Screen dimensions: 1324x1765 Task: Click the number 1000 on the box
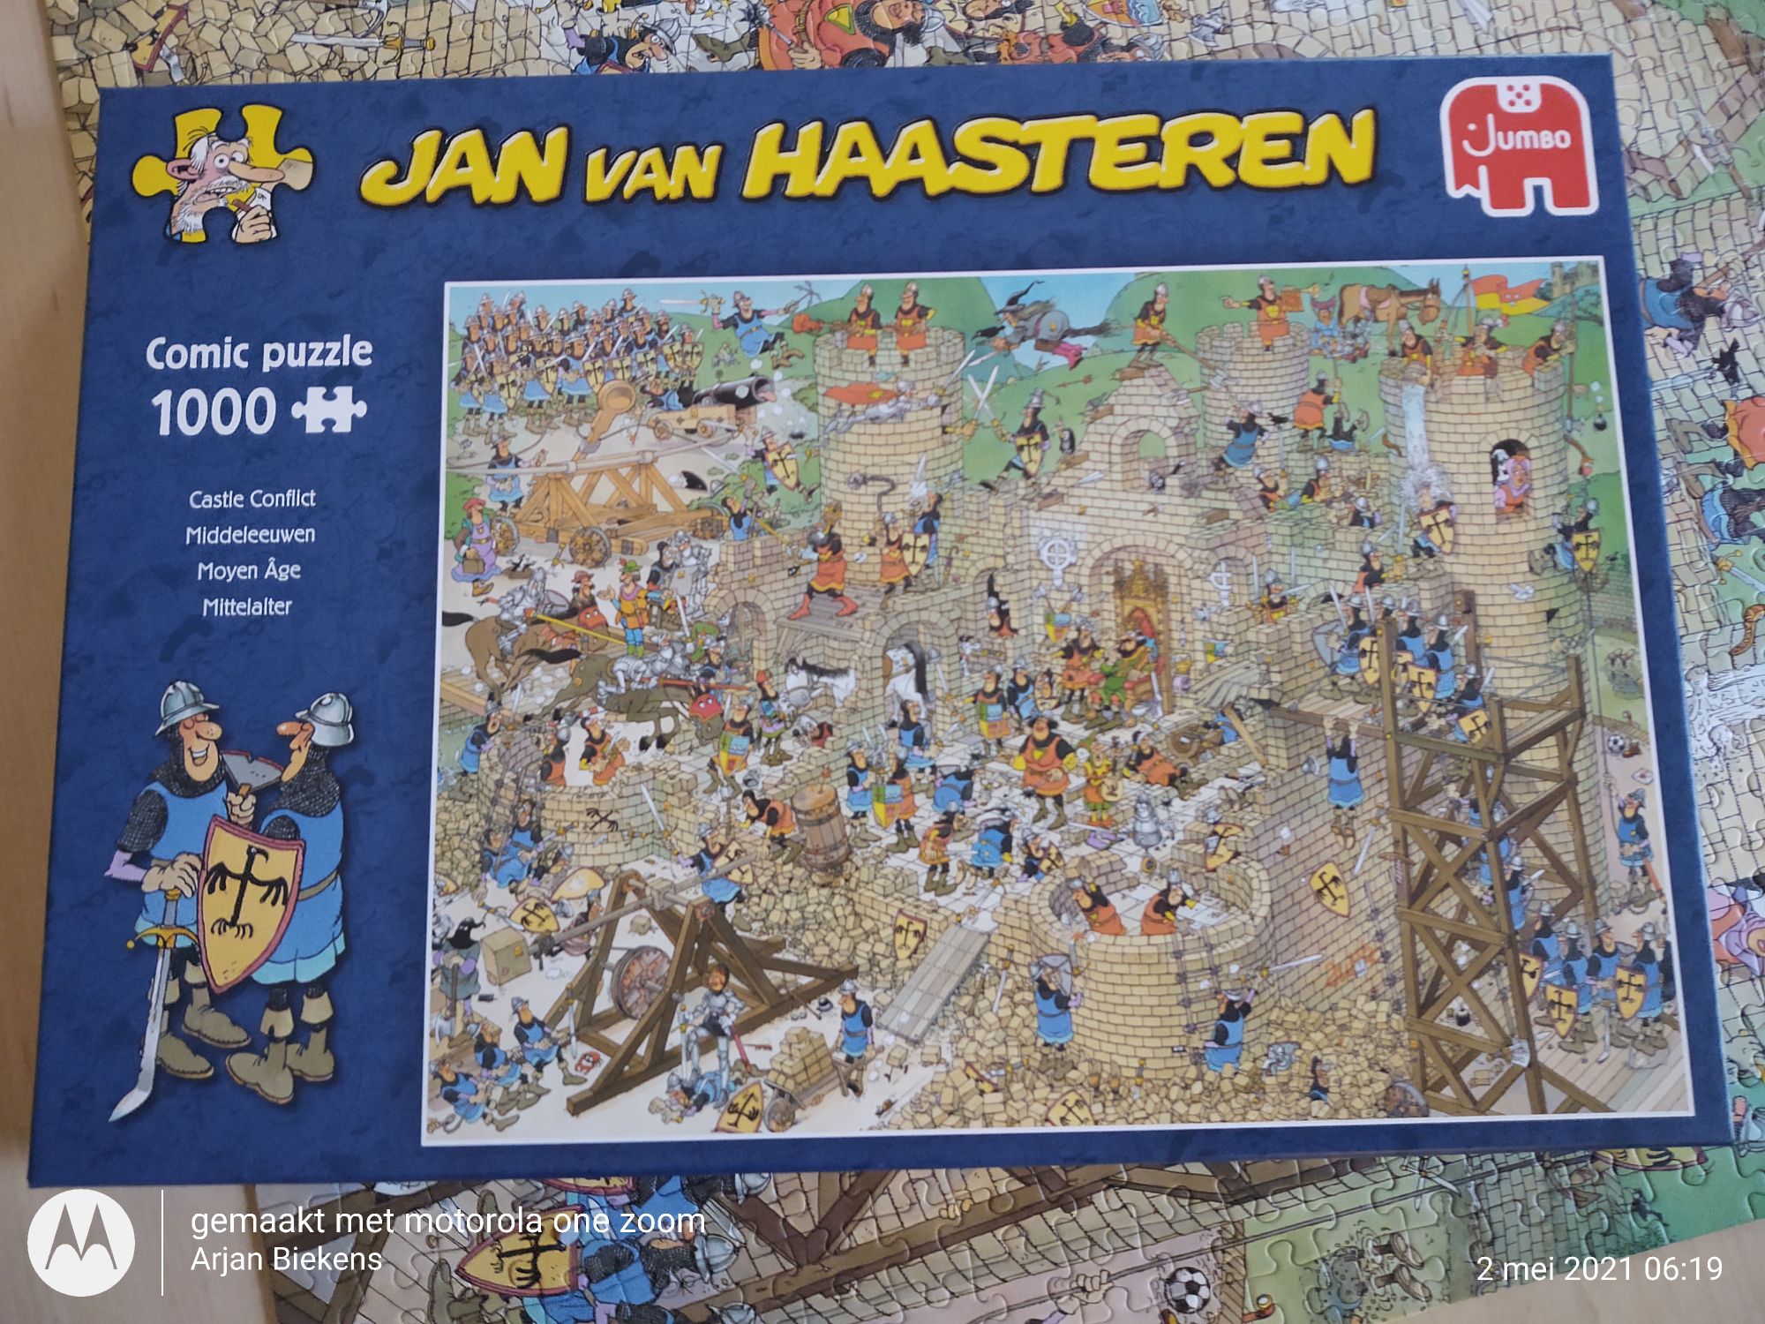tap(214, 411)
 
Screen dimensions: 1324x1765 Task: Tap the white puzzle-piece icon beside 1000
tap(328, 408)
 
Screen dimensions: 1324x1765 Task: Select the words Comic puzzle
tap(259, 353)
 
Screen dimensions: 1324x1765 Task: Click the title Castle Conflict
tap(252, 499)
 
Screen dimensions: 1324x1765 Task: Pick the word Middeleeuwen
tap(250, 535)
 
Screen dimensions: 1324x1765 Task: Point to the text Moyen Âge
tap(249, 570)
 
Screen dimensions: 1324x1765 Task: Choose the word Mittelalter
tap(247, 606)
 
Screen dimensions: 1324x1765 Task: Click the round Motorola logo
tap(81, 1242)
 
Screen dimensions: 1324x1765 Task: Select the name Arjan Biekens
tap(286, 1260)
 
